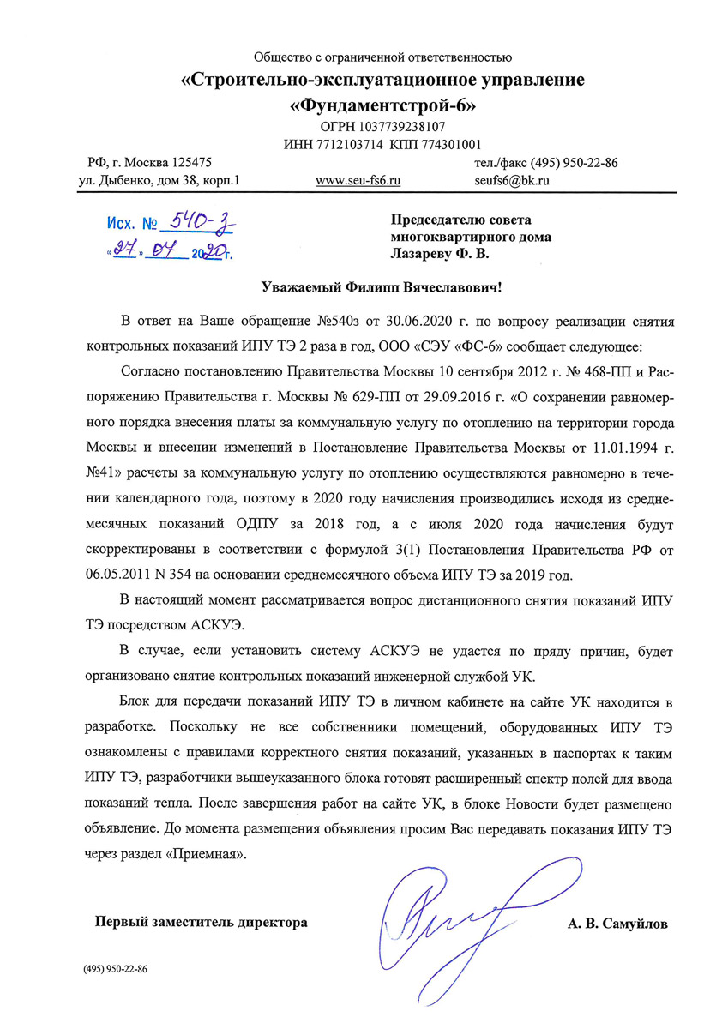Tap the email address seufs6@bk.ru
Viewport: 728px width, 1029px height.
[512, 181]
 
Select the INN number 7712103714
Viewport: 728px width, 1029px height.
[349, 144]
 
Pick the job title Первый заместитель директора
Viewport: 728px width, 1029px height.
[201, 924]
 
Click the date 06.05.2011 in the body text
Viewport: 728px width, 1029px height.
[117, 573]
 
